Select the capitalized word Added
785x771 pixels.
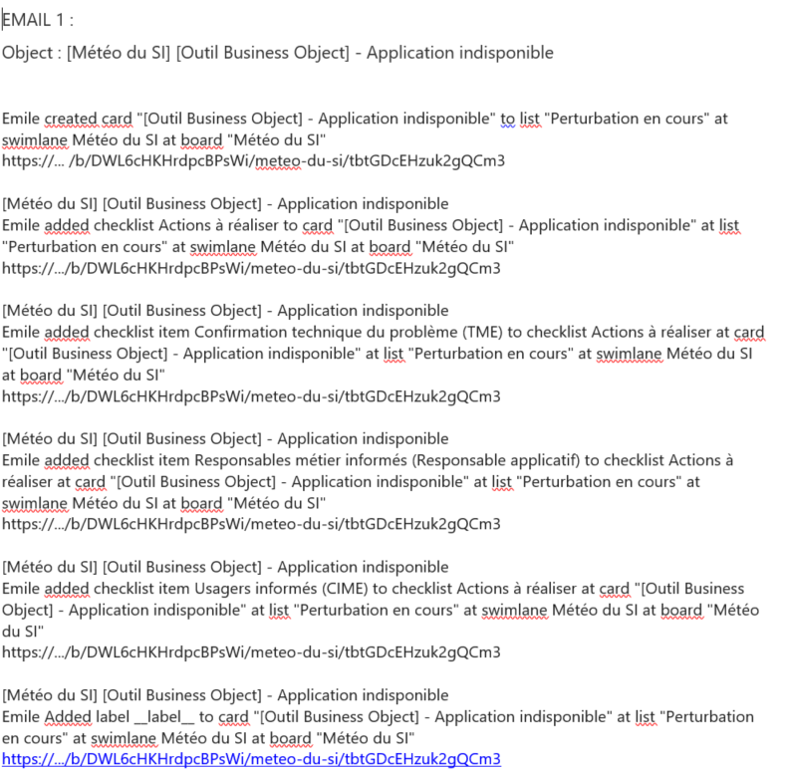(x=68, y=716)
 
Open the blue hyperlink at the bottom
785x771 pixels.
(x=251, y=759)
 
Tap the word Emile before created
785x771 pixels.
(x=21, y=119)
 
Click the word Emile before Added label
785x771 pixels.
(x=21, y=716)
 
